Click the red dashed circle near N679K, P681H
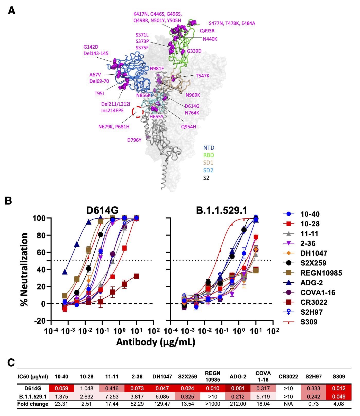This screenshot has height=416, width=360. coord(138,112)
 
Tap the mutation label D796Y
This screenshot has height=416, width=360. coord(134,140)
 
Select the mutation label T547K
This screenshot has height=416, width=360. coord(203,76)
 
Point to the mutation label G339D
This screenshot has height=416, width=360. coord(194,51)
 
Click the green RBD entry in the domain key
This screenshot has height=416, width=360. coord(209,155)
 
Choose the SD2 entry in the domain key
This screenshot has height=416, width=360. coord(208,170)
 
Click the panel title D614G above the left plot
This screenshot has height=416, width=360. coord(102,210)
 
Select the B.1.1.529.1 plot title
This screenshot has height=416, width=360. coord(221,210)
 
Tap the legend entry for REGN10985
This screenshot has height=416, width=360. coord(321,273)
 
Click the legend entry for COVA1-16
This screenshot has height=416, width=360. coord(318,293)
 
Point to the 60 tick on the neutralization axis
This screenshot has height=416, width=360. coord(41,252)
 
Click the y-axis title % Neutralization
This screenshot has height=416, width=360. coord(25,269)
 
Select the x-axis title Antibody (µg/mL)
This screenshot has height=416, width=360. coord(156,342)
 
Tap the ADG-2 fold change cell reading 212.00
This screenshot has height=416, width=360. coord(238,404)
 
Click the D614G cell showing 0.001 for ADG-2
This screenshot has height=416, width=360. coord(238,388)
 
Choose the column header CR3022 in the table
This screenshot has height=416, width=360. coord(288,377)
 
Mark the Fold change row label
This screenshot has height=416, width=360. coord(33,404)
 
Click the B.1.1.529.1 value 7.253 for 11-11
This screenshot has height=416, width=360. coord(112,396)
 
